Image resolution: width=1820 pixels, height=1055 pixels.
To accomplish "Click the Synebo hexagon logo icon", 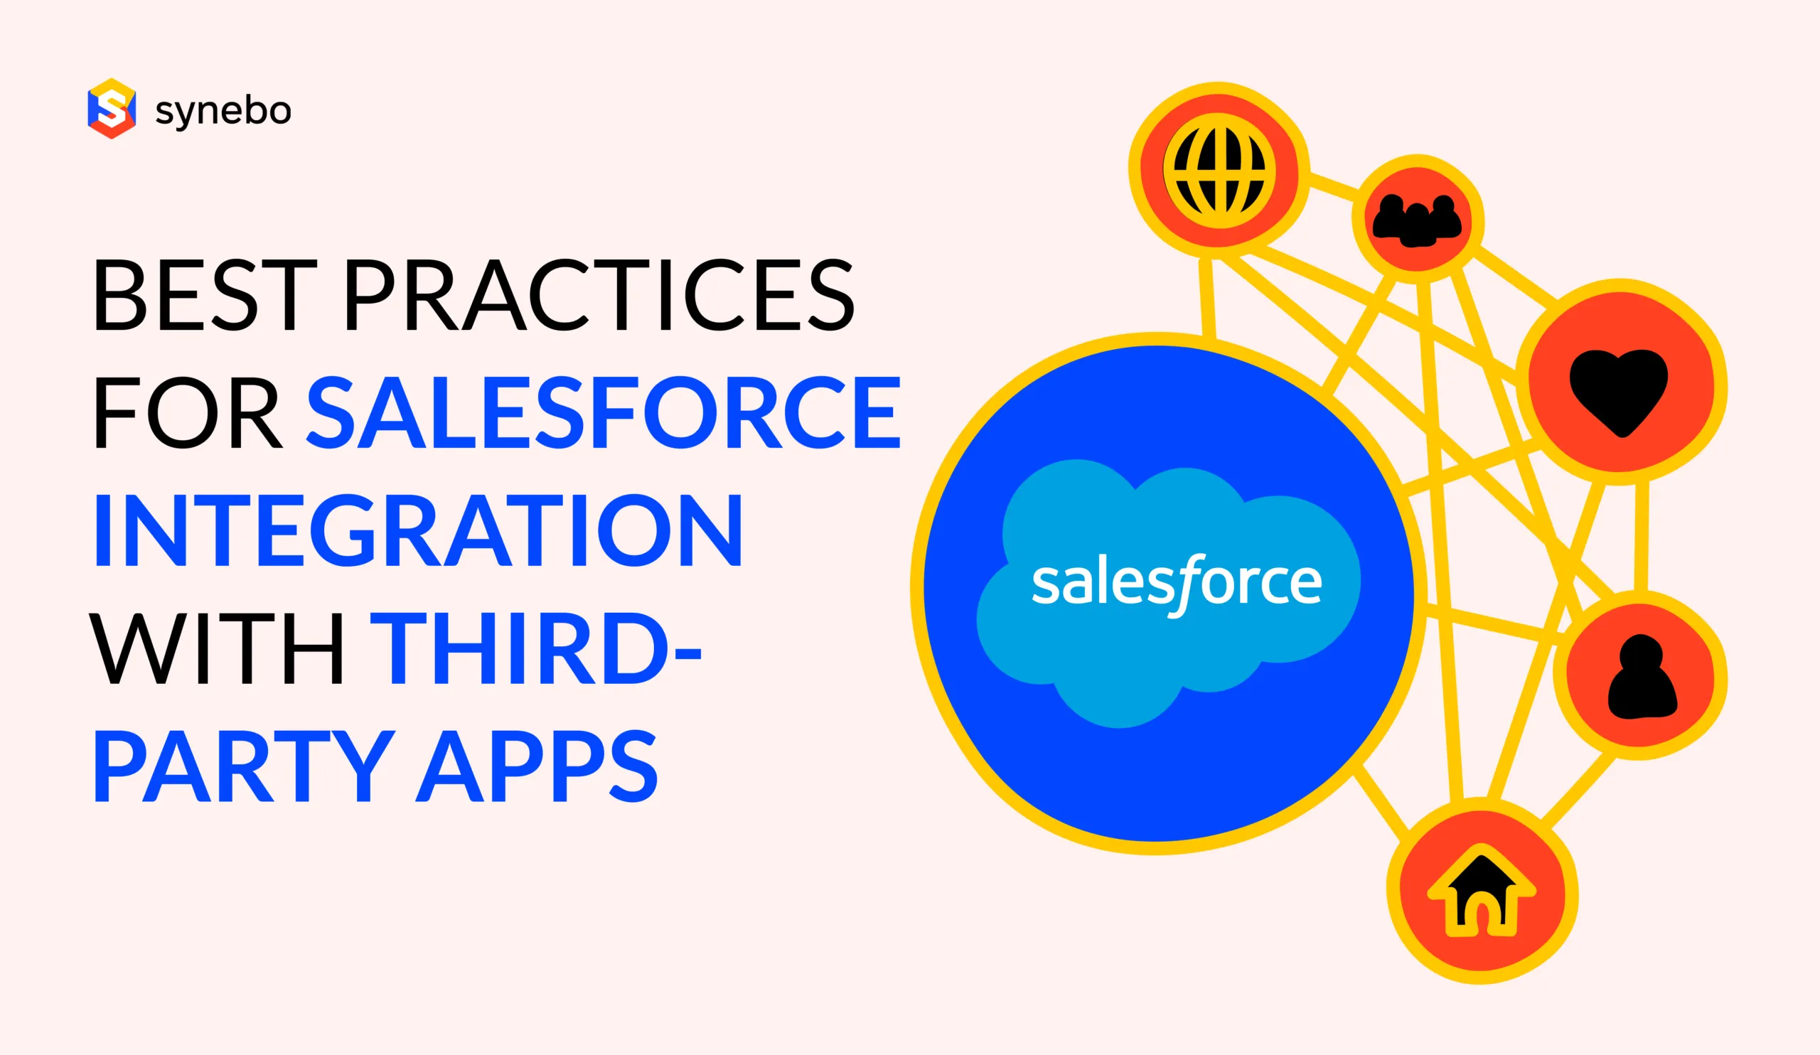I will click(x=111, y=109).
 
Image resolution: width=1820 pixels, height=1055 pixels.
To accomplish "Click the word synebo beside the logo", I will click(x=223, y=112).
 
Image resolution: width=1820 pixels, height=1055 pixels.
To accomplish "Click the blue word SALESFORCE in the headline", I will click(x=604, y=412).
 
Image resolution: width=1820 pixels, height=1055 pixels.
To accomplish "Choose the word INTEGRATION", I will click(x=418, y=530).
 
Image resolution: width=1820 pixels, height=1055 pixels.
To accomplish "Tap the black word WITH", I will click(x=217, y=648).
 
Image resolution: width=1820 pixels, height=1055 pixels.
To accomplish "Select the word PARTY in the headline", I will click(x=244, y=766).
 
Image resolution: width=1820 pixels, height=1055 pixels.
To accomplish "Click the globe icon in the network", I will click(x=1219, y=171).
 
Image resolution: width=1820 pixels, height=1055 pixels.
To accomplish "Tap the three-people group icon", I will click(x=1417, y=220).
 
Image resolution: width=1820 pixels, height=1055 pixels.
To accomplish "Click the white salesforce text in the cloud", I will click(x=1177, y=584).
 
